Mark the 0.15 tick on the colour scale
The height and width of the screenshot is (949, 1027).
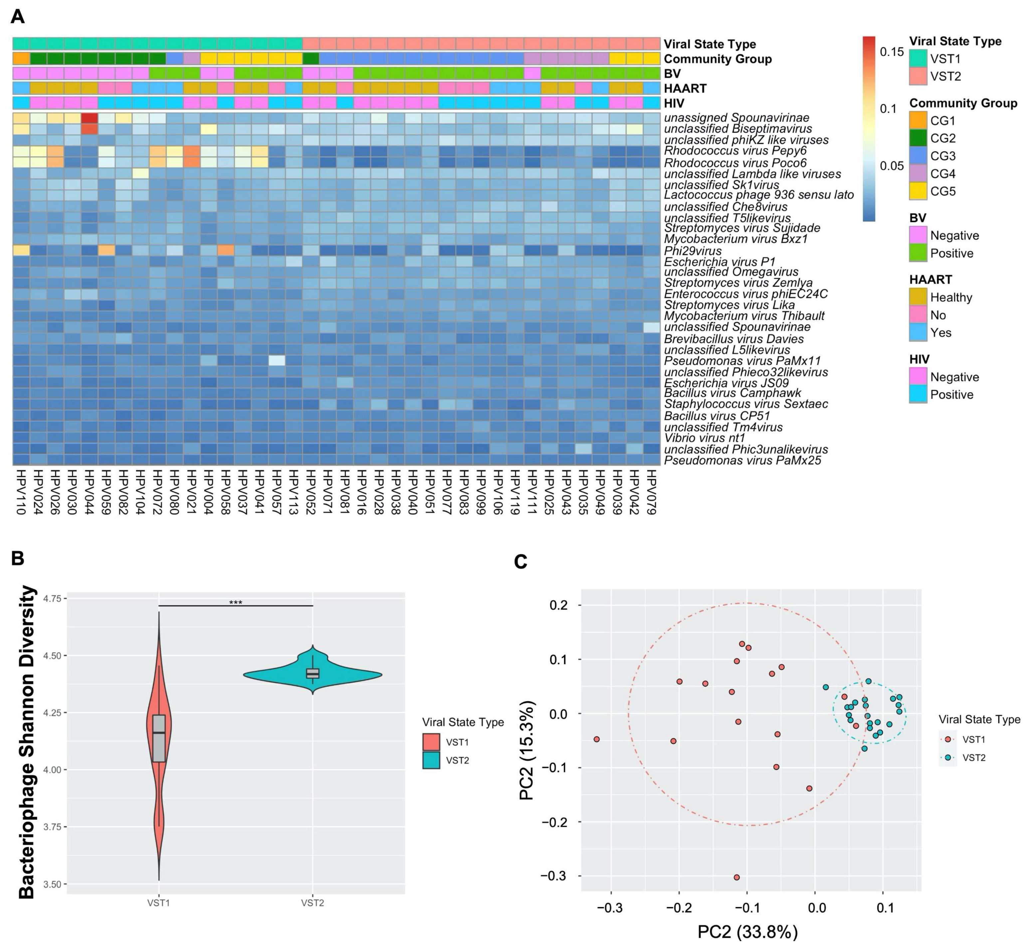click(891, 52)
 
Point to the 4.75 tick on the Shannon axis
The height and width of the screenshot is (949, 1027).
click(52, 599)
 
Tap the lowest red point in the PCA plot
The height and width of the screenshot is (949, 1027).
click(737, 877)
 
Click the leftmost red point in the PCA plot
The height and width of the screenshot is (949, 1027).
click(596, 739)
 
